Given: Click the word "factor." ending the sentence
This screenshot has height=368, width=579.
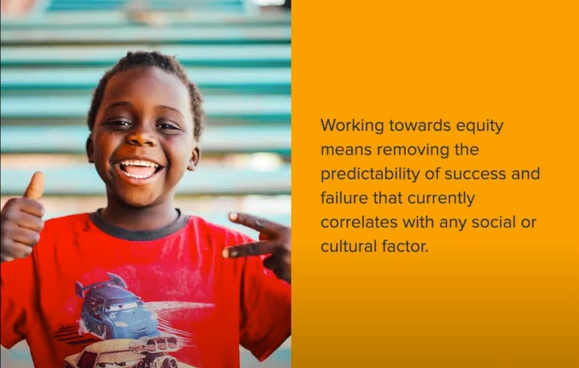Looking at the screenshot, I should [x=407, y=246].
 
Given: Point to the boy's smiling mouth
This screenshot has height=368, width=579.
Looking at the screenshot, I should [x=139, y=168].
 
